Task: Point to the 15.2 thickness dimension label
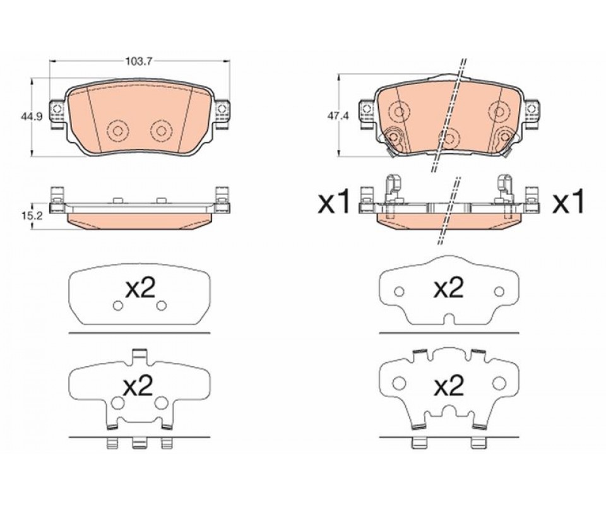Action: pyautogui.click(x=31, y=216)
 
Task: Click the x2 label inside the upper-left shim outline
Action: pyautogui.click(x=140, y=288)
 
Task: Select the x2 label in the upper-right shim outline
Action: pyautogui.click(x=449, y=288)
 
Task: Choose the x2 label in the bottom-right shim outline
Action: pyautogui.click(x=449, y=386)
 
